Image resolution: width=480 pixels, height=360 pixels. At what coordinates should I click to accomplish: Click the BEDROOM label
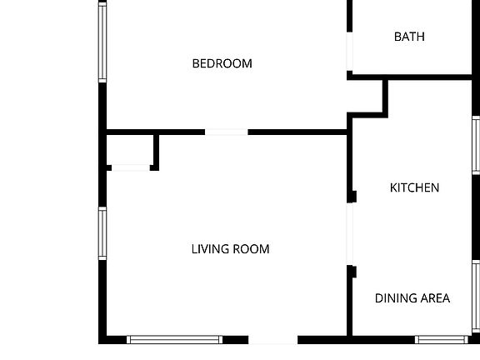(222, 63)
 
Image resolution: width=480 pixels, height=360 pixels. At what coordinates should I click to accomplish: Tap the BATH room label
(409, 37)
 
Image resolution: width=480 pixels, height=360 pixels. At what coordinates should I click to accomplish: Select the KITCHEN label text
(414, 187)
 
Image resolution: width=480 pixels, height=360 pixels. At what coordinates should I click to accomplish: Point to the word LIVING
(207, 248)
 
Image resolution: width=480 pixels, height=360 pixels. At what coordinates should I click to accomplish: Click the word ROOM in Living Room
(252, 248)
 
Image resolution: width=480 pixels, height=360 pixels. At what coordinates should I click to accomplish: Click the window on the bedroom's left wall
(102, 42)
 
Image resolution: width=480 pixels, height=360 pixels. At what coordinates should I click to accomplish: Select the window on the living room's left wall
(102, 233)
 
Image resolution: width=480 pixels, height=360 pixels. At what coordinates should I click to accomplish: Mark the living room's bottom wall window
(174, 339)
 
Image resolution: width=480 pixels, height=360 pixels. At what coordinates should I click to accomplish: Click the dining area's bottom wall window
(441, 339)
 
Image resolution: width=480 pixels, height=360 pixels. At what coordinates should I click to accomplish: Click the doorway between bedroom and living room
(226, 132)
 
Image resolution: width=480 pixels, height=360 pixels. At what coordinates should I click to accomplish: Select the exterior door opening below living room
(273, 339)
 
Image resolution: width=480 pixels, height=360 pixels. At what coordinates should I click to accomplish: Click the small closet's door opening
(131, 168)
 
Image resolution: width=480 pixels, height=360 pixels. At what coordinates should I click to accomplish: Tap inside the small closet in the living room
(130, 150)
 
